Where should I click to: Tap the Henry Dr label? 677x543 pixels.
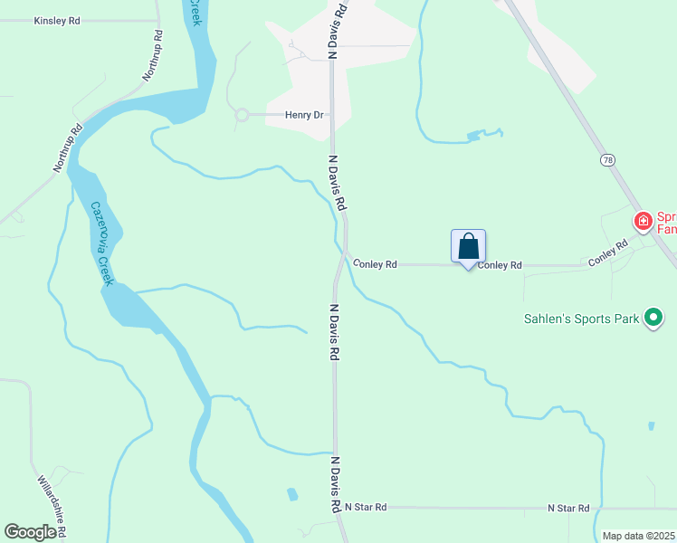click(304, 115)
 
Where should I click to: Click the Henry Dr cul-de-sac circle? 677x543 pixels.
click(242, 115)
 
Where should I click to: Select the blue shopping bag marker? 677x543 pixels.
click(468, 246)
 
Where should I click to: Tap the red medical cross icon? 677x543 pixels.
click(643, 221)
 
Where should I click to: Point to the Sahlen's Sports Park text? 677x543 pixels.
click(581, 319)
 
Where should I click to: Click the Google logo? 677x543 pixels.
click(30, 532)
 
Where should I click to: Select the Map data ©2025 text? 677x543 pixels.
click(638, 536)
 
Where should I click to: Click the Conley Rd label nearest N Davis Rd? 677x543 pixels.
click(376, 264)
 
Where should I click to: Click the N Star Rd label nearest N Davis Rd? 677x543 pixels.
click(366, 508)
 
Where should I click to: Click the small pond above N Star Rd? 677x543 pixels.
click(291, 494)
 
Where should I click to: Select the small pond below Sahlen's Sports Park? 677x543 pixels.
click(651, 424)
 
